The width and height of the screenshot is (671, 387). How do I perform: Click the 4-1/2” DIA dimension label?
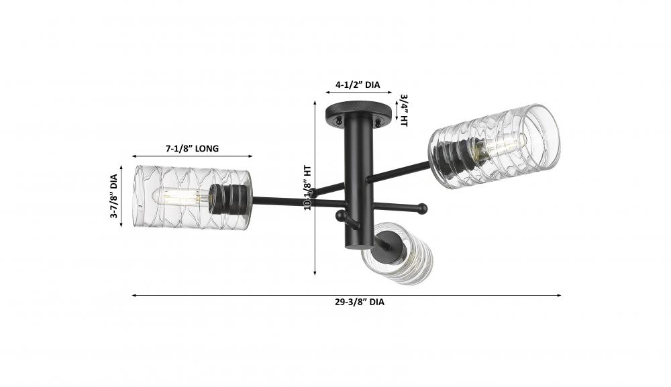(358, 85)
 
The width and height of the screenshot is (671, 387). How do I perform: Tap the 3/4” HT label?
(403, 111)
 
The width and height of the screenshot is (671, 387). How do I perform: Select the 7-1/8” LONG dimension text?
(192, 148)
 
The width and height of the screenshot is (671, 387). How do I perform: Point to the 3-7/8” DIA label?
(114, 196)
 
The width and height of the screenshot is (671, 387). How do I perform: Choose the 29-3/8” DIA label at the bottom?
(360, 302)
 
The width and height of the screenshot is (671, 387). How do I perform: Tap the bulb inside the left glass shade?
(180, 197)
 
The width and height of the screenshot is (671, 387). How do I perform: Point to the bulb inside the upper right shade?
(500, 146)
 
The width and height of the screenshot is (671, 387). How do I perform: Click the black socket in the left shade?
(229, 199)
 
